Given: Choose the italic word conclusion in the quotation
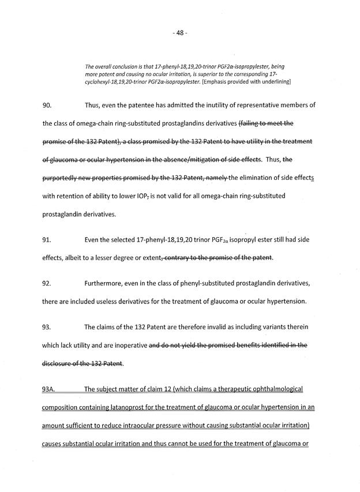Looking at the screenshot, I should tap(121, 66).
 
